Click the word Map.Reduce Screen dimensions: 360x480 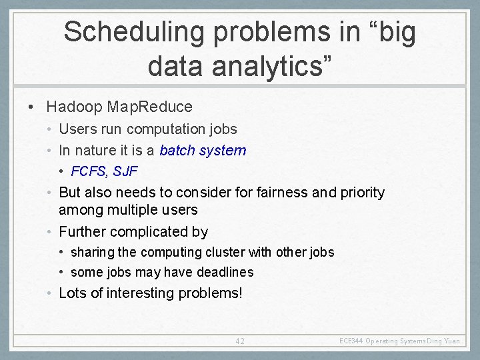tap(150, 107)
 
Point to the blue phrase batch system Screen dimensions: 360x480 tap(203, 151)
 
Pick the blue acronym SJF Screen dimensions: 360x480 tap(125, 171)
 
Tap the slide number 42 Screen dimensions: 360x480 tap(240, 341)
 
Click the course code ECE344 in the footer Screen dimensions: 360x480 tap(351, 341)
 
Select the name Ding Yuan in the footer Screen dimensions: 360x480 tap(444, 341)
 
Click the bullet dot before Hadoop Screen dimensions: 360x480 tap(31, 107)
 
